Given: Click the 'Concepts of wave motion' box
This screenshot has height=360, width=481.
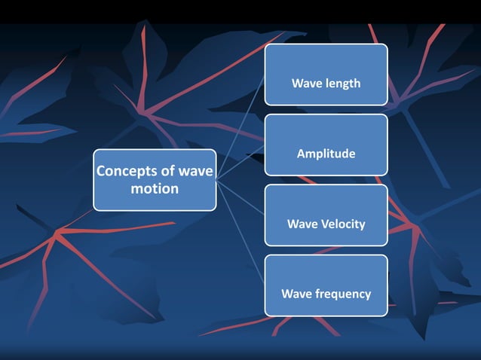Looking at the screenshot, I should (155, 180).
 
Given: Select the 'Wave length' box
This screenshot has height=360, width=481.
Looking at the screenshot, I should (326, 75).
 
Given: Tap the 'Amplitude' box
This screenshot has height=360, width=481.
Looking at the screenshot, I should (326, 145).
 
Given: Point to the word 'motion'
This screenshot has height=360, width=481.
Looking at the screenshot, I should (155, 188).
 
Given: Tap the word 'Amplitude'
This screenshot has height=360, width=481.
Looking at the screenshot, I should (326, 154).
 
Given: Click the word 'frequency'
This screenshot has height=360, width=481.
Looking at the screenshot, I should (342, 294).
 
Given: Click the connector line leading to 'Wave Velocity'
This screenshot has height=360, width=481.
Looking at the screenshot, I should (240, 197).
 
